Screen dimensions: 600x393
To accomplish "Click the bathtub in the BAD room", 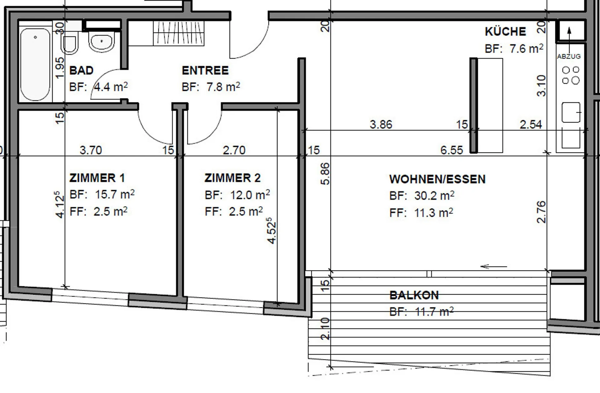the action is coord(35,64).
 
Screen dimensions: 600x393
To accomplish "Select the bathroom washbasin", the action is coord(101,42).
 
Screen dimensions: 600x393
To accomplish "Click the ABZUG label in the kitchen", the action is coord(569,57).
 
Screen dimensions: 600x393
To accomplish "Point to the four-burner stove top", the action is coord(571,75).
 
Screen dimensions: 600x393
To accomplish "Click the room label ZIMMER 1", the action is coord(97,178).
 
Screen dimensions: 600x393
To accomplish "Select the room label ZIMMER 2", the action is coord(232,178).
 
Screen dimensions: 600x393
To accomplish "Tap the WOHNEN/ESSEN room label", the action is coord(437,179).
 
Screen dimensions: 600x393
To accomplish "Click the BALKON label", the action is coord(414,295).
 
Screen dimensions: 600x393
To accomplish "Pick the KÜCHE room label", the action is coord(505,31).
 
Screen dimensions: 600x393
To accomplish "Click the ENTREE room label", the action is coord(205,70).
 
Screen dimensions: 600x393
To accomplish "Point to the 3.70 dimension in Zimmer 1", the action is coord(91,150).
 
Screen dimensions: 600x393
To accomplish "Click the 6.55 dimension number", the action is coord(452,150).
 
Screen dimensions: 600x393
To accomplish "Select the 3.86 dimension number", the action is coord(381,124).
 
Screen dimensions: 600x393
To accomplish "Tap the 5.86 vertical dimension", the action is coord(325,174).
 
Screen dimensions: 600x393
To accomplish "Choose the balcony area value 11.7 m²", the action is coord(434,312).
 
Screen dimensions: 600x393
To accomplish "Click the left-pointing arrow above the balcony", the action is coord(493,267).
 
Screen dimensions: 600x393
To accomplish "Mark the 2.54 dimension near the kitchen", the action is coord(531,124).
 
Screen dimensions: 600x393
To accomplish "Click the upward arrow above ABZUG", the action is coord(569,40).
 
